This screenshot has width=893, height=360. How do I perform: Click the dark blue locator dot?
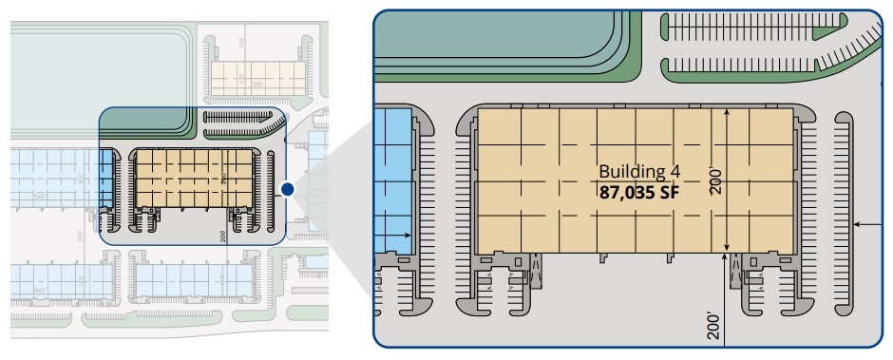288,190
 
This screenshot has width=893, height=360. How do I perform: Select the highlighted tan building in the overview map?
194,178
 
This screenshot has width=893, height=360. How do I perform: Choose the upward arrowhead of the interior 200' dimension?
727,113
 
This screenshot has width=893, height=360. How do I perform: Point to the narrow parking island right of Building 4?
843,214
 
